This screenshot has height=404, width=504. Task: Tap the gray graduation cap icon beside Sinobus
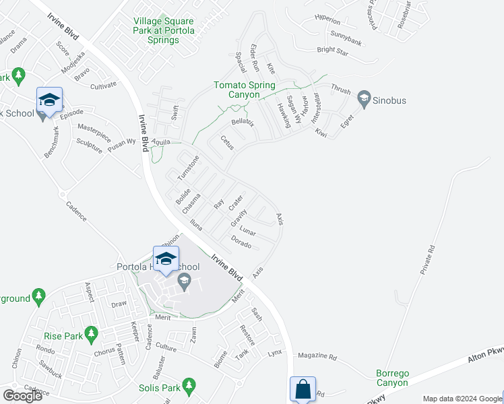(365, 100)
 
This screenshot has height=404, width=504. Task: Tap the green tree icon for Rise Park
(91, 333)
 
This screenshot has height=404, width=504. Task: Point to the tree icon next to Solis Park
(189, 385)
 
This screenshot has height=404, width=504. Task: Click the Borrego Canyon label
(392, 378)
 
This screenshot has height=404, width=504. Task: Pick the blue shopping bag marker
(303, 389)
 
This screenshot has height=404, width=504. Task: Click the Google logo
(22, 396)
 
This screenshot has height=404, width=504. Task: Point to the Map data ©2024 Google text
(461, 399)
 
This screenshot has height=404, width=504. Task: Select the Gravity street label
(237, 217)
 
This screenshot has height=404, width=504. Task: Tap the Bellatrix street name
(242, 123)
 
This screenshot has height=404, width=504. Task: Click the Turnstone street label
(189, 168)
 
